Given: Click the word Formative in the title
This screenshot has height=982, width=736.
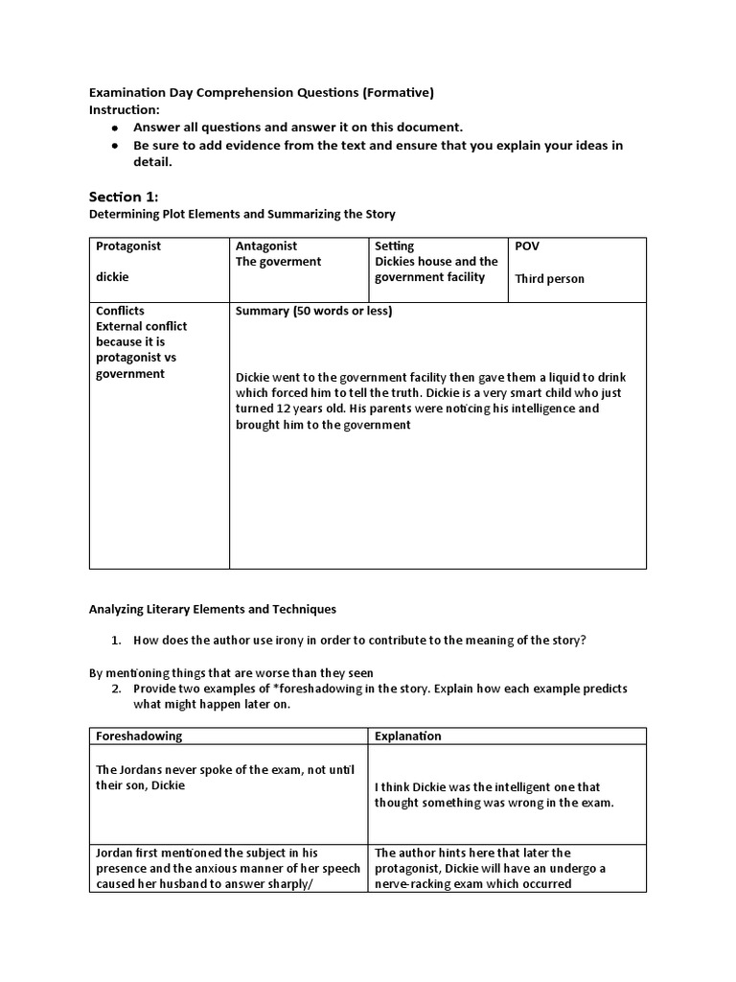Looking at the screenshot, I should tap(398, 93).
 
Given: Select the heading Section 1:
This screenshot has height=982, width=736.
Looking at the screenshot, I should tap(124, 197).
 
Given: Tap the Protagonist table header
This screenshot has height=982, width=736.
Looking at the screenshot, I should tap(128, 245).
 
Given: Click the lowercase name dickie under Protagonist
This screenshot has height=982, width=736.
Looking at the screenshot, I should tap(112, 276).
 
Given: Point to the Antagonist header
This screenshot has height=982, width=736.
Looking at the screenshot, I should tap(266, 245).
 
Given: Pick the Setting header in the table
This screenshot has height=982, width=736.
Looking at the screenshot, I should tap(395, 245).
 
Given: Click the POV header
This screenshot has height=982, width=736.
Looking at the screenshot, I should tap(527, 245).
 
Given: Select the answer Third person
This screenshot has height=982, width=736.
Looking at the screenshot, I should tap(549, 279).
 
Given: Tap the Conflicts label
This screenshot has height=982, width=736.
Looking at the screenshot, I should tap(121, 311).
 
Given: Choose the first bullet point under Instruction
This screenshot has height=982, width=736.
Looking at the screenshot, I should tap(115, 128).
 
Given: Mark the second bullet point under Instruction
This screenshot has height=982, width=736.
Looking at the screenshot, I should tap(115, 146).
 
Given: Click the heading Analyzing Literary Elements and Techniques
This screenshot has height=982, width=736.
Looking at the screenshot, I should tap(213, 609).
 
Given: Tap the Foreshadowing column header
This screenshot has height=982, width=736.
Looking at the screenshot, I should tap(140, 736).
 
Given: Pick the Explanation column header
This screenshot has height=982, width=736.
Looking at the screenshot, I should tap(408, 736).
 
